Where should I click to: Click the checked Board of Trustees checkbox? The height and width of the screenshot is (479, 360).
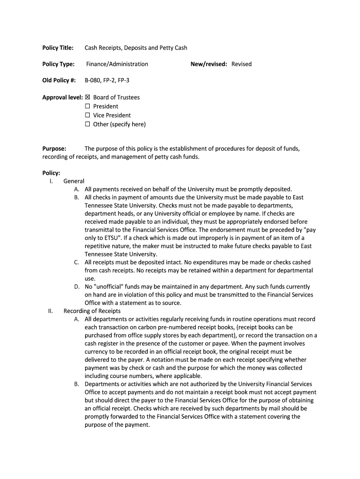[87, 97]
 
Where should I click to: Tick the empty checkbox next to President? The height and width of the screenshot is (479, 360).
[87, 106]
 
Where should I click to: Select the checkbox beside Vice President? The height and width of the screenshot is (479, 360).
[87, 115]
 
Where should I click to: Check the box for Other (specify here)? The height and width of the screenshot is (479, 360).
[87, 124]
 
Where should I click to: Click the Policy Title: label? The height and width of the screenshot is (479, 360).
[58, 48]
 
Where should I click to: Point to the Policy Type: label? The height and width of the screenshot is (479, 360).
[58, 64]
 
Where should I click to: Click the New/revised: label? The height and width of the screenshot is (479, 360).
[209, 64]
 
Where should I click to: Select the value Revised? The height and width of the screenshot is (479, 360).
[241, 64]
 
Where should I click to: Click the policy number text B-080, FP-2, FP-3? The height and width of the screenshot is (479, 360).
[107, 80]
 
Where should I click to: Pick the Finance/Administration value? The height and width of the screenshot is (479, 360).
[117, 64]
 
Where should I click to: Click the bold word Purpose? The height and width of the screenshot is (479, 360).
[54, 149]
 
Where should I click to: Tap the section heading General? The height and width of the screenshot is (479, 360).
[74, 181]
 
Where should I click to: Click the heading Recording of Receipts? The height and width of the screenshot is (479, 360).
[92, 311]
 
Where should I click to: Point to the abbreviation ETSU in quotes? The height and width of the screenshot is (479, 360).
[110, 238]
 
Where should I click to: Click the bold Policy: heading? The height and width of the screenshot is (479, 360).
[51, 173]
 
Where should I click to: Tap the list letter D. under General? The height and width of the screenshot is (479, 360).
[77, 287]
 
